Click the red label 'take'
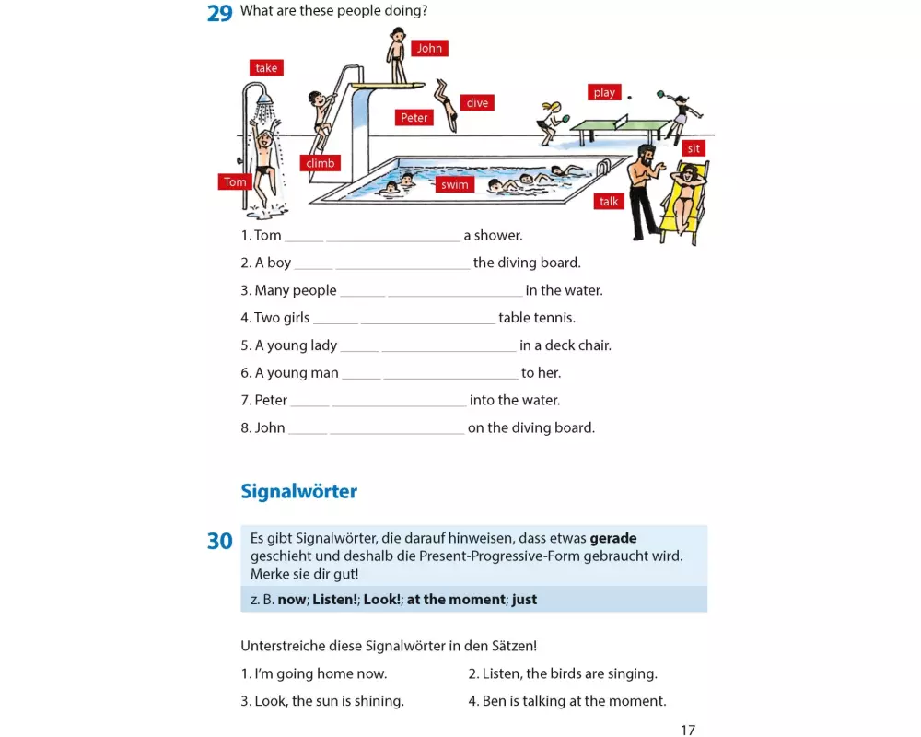coord(266,68)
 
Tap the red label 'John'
coord(429,48)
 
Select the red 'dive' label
coord(477,102)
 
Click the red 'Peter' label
coord(414,118)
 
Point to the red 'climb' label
coord(321,164)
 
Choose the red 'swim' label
coord(454,184)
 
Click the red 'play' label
coord(604,92)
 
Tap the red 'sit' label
coord(694,148)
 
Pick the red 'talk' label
coord(609,202)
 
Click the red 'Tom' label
coord(235,182)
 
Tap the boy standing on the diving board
coord(397,55)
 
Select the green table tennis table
coord(621,125)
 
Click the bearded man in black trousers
coord(644,189)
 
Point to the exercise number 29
coord(219,14)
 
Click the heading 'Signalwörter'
coord(298,491)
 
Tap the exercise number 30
coord(219,542)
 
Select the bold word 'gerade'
coord(613,538)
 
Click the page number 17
coord(688,730)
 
